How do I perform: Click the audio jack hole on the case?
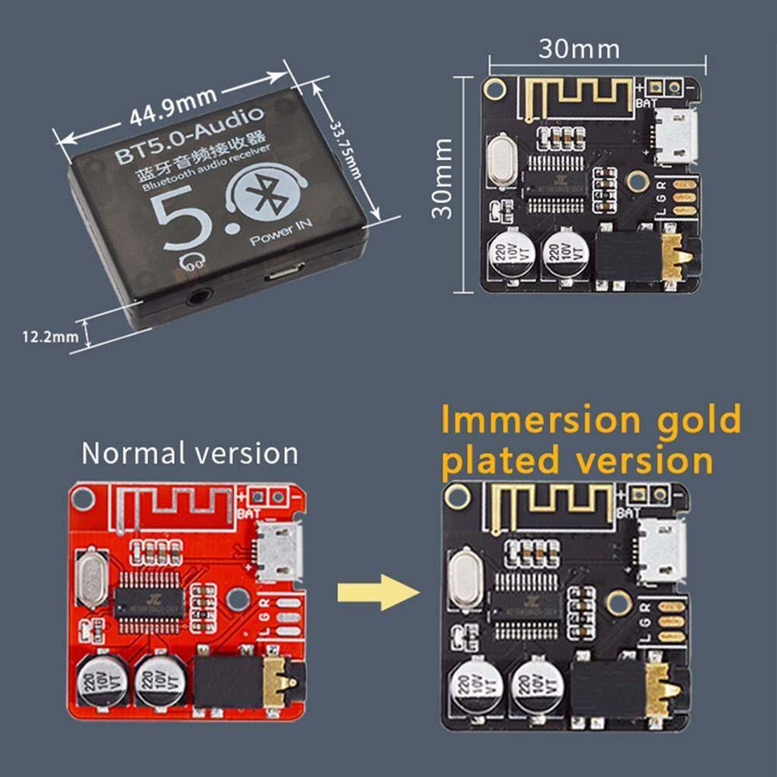click(201, 297)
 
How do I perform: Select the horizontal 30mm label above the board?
click(579, 49)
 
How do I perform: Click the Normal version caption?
click(190, 452)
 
